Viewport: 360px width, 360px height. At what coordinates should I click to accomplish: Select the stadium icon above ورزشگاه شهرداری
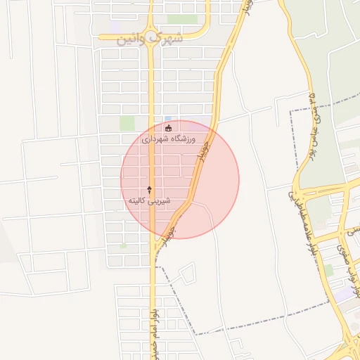(168, 128)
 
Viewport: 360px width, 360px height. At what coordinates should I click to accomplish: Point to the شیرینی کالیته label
(149, 201)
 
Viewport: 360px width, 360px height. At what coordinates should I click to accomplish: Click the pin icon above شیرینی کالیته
(149, 190)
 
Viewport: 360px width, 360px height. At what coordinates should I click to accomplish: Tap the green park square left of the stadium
(127, 123)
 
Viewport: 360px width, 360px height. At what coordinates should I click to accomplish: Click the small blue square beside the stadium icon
(167, 118)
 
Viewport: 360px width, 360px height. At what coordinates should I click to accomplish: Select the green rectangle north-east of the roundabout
(181, 19)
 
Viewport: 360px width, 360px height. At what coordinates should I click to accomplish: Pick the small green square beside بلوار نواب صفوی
(328, 269)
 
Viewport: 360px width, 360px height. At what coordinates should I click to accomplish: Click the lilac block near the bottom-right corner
(344, 296)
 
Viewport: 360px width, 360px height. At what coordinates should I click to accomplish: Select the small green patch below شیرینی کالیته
(124, 245)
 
